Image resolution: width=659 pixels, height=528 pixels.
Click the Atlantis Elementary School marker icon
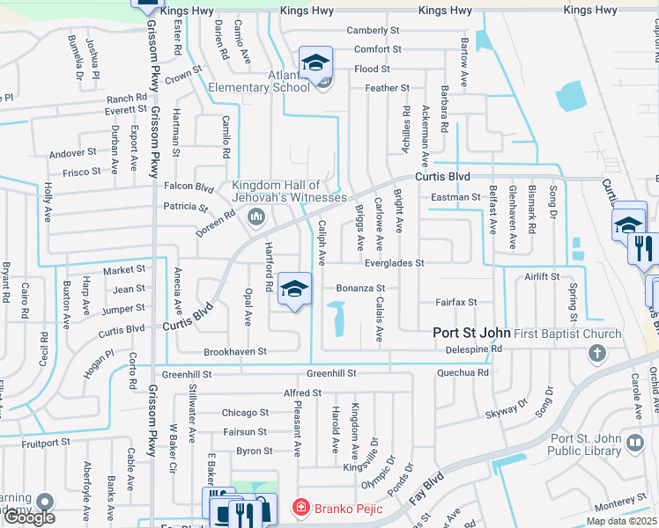tap(315, 62)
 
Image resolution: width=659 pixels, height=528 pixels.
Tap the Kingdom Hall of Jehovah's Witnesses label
tap(289, 191)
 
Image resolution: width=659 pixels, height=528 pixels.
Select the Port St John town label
tap(470, 334)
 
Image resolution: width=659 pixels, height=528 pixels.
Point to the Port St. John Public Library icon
tap(633, 443)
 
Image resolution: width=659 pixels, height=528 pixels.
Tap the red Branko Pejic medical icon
tap(301, 508)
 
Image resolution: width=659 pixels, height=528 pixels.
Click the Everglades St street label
tap(394, 263)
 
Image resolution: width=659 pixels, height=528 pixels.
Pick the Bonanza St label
tap(360, 288)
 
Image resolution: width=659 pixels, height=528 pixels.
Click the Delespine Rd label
tap(471, 348)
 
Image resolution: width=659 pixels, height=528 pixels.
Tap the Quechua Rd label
tap(463, 372)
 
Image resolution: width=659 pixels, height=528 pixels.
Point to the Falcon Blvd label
tap(189, 187)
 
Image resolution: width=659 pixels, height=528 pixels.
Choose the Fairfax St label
tap(456, 302)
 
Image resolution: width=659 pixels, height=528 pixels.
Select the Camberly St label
tap(373, 31)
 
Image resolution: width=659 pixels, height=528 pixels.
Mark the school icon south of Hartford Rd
tap(294, 289)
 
